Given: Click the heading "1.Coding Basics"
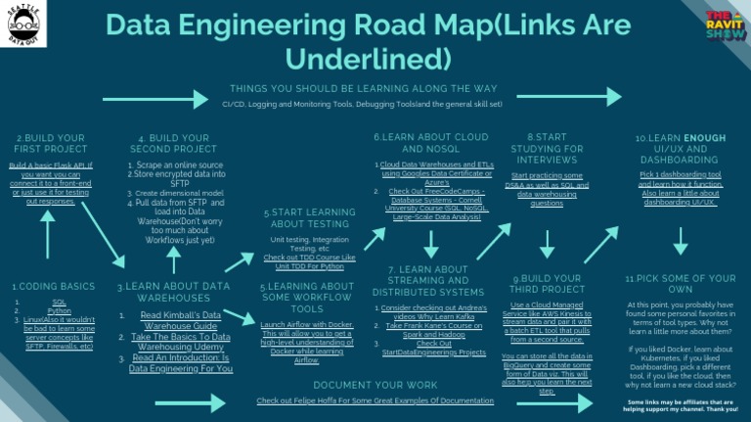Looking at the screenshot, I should click(54, 287).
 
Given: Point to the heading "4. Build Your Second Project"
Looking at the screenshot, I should click(174, 144).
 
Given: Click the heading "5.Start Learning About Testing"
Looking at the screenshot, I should click(309, 218).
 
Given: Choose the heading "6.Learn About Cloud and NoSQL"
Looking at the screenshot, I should click(430, 142).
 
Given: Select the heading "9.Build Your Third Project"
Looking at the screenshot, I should click(547, 285).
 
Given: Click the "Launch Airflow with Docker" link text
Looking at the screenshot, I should click(307, 324).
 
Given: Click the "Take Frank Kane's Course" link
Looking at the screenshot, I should click(436, 329).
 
